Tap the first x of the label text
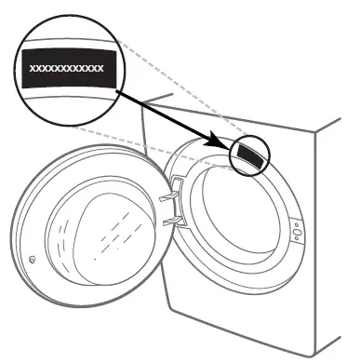(33, 69)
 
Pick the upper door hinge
(168, 196)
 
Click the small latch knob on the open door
(33, 262)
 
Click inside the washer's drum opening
(237, 219)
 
